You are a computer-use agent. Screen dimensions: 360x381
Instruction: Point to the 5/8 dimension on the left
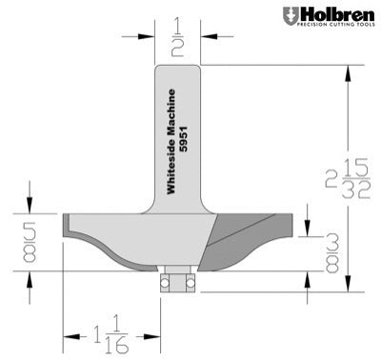[x=30, y=240]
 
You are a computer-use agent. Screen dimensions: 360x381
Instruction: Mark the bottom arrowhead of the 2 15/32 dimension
[x=351, y=283]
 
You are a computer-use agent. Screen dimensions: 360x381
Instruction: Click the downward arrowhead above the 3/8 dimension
[x=308, y=229]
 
